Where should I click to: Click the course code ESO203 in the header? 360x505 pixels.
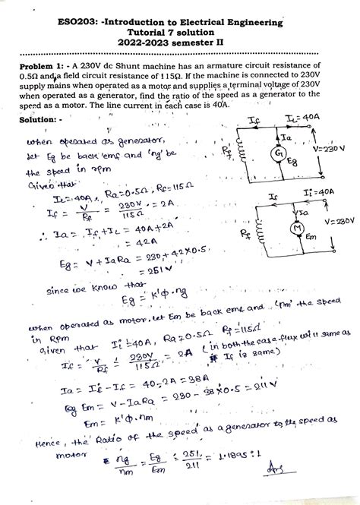tap(98, 24)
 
